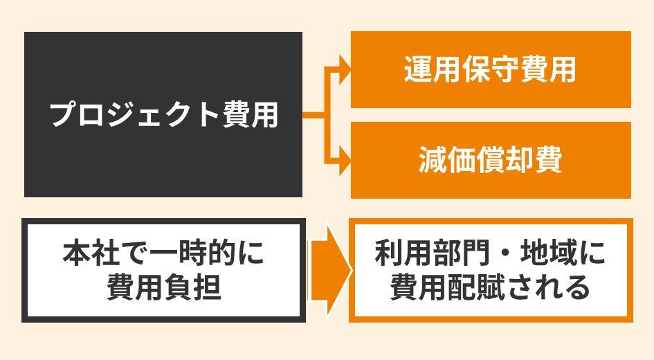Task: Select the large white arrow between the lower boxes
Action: tap(329, 271)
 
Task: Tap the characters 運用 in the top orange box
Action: tap(425, 69)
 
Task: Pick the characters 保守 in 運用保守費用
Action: tap(490, 69)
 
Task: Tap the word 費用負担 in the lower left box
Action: tap(163, 287)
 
